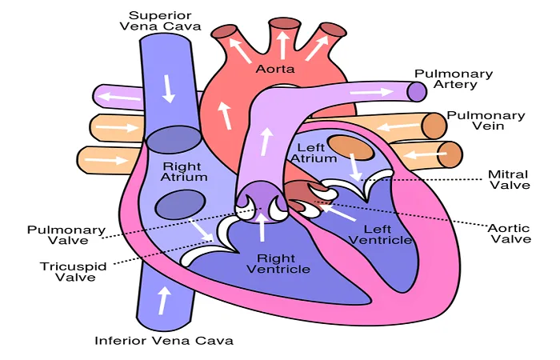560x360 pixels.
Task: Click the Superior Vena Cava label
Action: tap(160, 21)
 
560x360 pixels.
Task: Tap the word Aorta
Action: tap(275, 69)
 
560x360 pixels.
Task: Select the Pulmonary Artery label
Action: tap(454, 79)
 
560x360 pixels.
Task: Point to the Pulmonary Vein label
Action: tap(486, 120)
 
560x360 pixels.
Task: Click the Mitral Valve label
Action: tap(510, 180)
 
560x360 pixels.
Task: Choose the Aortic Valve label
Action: tap(510, 234)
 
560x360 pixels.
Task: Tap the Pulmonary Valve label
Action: tap(66, 234)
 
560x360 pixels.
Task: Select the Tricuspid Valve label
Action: tap(74, 272)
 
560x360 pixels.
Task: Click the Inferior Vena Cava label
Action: tap(164, 340)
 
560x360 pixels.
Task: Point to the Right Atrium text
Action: tap(184, 172)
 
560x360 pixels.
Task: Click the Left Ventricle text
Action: tap(380, 234)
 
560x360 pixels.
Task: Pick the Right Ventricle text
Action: tap(278, 263)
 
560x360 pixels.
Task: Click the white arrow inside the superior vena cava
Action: tap(169, 89)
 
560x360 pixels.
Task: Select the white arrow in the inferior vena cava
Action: tap(164, 300)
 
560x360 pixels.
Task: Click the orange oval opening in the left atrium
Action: tap(351, 147)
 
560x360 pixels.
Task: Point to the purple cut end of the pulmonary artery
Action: tap(417, 91)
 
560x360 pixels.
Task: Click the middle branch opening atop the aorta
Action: tap(284, 23)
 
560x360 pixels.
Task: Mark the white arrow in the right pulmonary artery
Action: tap(371, 92)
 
